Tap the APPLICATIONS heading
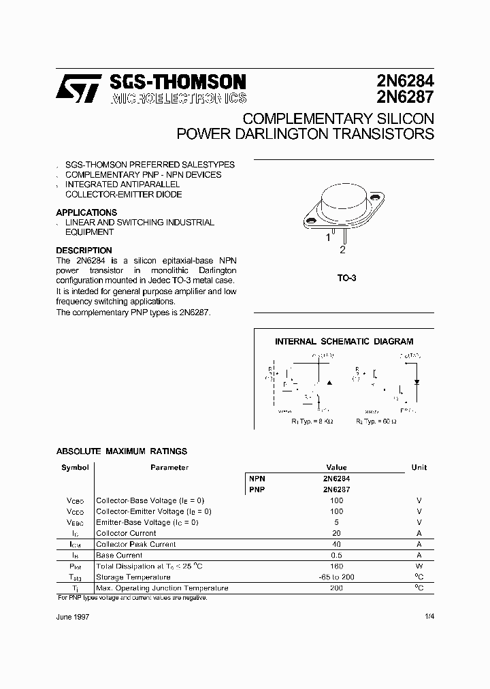coord(86,212)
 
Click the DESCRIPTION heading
coord(84,251)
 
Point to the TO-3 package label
coord(346,278)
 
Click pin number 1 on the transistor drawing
coord(327,238)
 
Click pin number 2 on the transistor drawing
coord(342,250)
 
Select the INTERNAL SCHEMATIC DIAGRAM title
coord(344,342)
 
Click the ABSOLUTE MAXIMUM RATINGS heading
coord(121,451)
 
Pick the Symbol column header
coord(75,468)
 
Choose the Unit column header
coord(419,468)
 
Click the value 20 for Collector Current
coord(336,533)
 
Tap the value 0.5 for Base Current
coord(336,555)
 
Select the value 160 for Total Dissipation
coord(336,566)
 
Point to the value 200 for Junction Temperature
coord(336,588)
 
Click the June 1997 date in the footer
coord(72,616)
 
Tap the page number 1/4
coord(427,616)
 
